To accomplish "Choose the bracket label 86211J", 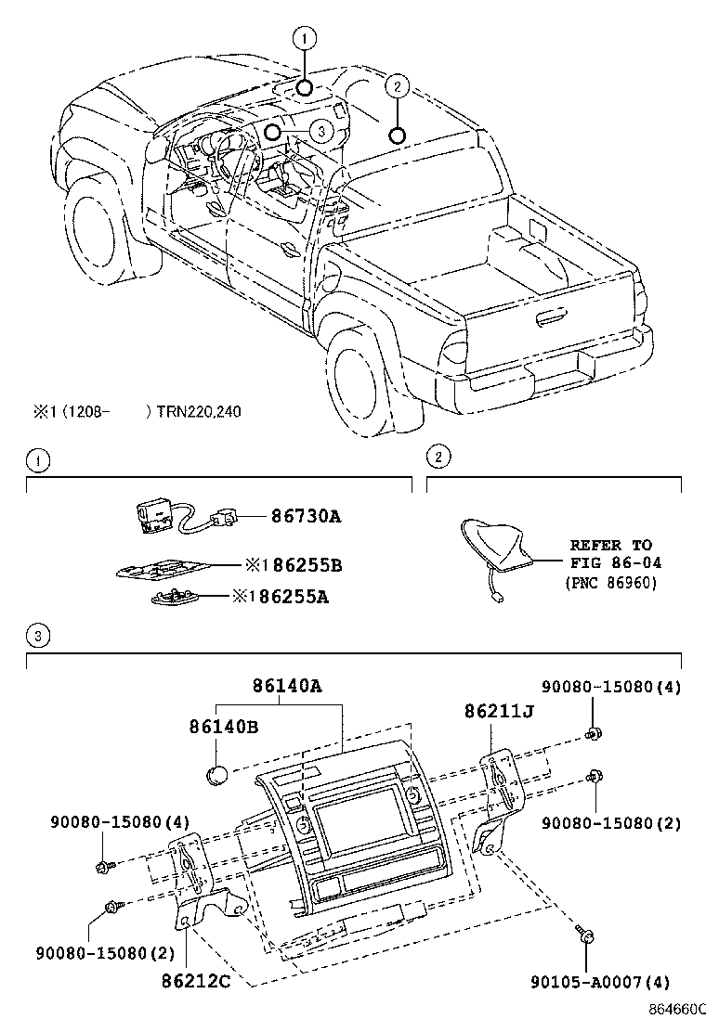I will coord(501,711).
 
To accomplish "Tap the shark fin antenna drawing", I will coord(497,549).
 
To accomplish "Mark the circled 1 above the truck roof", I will coord(305,38).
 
